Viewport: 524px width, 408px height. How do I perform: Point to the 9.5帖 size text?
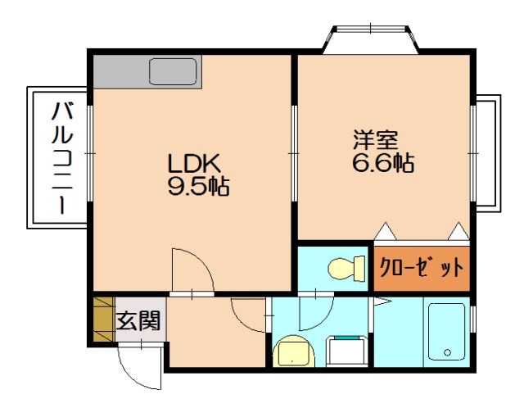click(x=197, y=187)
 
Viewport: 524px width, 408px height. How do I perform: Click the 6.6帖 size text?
click(x=382, y=162)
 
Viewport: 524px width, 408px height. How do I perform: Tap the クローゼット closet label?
click(x=421, y=268)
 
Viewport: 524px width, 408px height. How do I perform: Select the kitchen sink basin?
click(x=174, y=72)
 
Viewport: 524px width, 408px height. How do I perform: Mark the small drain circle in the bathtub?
click(x=447, y=353)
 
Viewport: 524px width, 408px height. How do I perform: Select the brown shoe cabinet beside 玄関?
click(x=102, y=320)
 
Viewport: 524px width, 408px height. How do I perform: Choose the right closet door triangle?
click(x=458, y=232)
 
